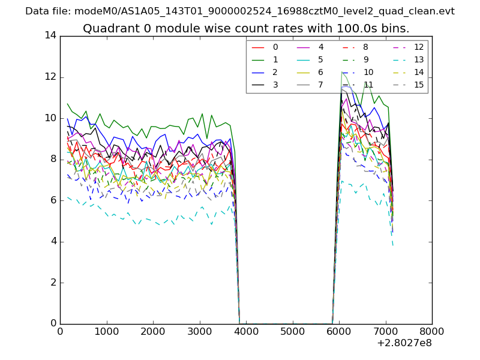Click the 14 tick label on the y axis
[x=50, y=35]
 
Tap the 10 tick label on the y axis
[x=50, y=118]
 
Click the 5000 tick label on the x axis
[x=293, y=331]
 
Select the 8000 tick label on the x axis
[x=432, y=331]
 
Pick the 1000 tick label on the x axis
[x=106, y=331]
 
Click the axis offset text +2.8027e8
[x=404, y=343]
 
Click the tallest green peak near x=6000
[x=342, y=72]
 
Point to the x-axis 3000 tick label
[x=199, y=331]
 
